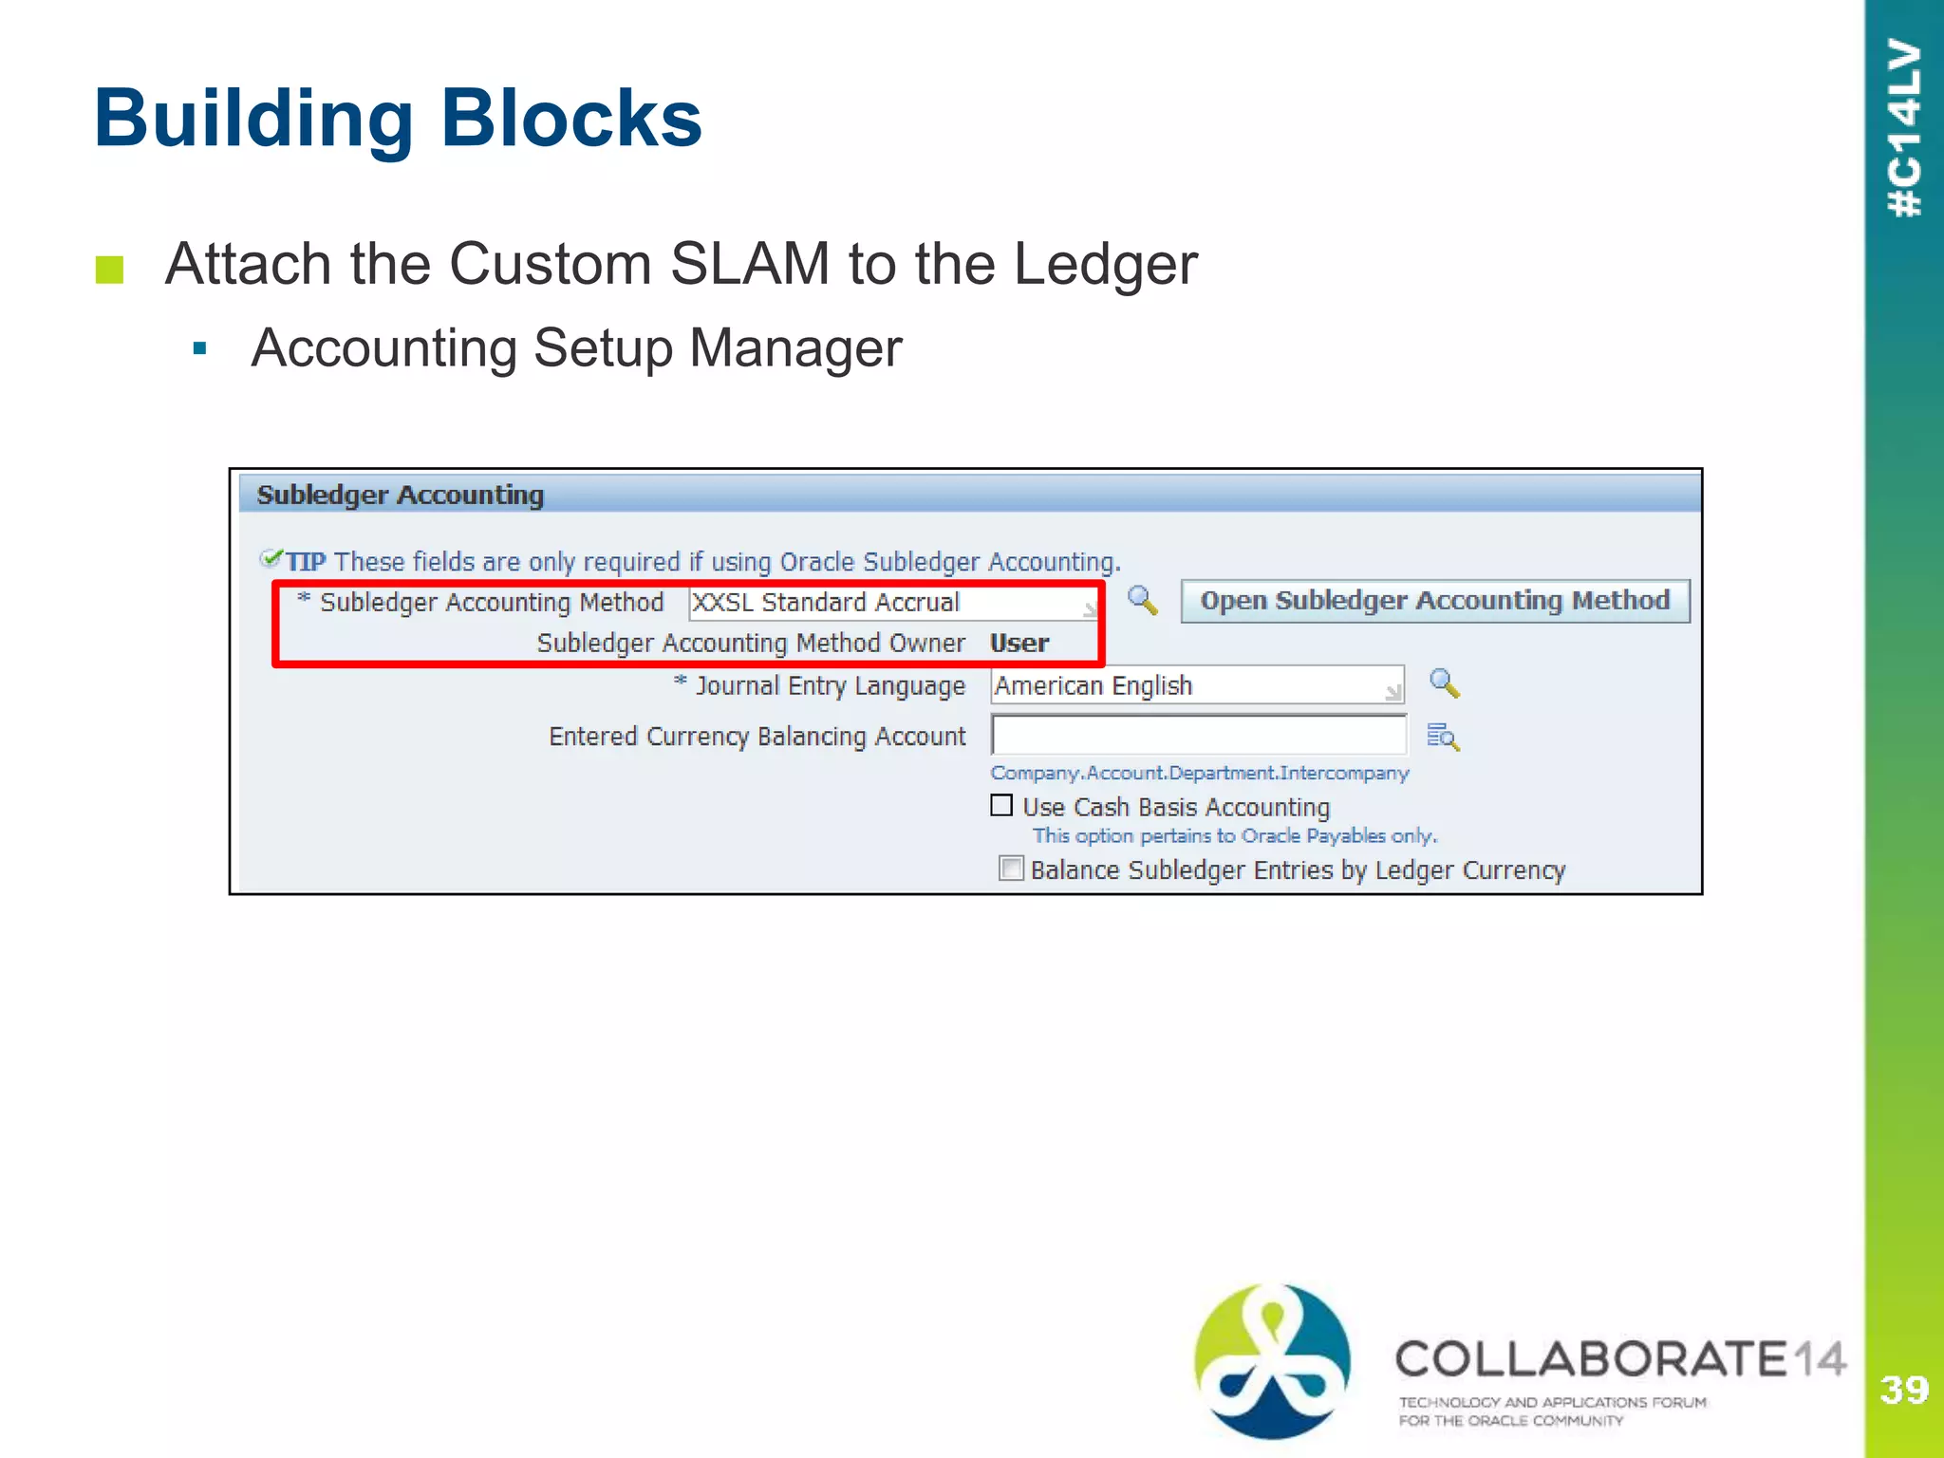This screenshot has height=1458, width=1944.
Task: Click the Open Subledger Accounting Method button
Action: point(1434,601)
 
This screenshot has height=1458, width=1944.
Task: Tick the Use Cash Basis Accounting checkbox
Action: point(1001,806)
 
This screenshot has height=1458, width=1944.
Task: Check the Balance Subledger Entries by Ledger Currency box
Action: point(1011,869)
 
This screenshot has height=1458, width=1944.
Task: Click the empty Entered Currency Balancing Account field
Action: point(1198,736)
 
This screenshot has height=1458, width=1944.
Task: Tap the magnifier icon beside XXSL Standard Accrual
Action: point(1142,600)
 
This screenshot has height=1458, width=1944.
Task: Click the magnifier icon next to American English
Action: point(1444,683)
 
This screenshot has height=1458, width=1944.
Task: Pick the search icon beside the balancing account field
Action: point(1443,737)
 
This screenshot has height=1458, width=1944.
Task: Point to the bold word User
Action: point(1019,644)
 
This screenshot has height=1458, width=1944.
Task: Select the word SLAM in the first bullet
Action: point(750,264)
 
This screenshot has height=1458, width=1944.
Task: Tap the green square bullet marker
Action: point(110,270)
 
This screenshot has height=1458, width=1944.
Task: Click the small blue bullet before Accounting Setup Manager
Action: point(199,348)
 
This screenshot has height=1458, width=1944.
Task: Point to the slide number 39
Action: point(1903,1390)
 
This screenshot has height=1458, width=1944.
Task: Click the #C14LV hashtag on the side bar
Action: point(1904,128)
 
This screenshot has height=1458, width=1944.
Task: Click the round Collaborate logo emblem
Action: point(1272,1360)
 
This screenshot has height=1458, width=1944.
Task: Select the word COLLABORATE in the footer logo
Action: point(1591,1359)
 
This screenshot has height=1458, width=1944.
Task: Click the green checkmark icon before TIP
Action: point(271,558)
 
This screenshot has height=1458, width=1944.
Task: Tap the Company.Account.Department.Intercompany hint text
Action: point(1199,773)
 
